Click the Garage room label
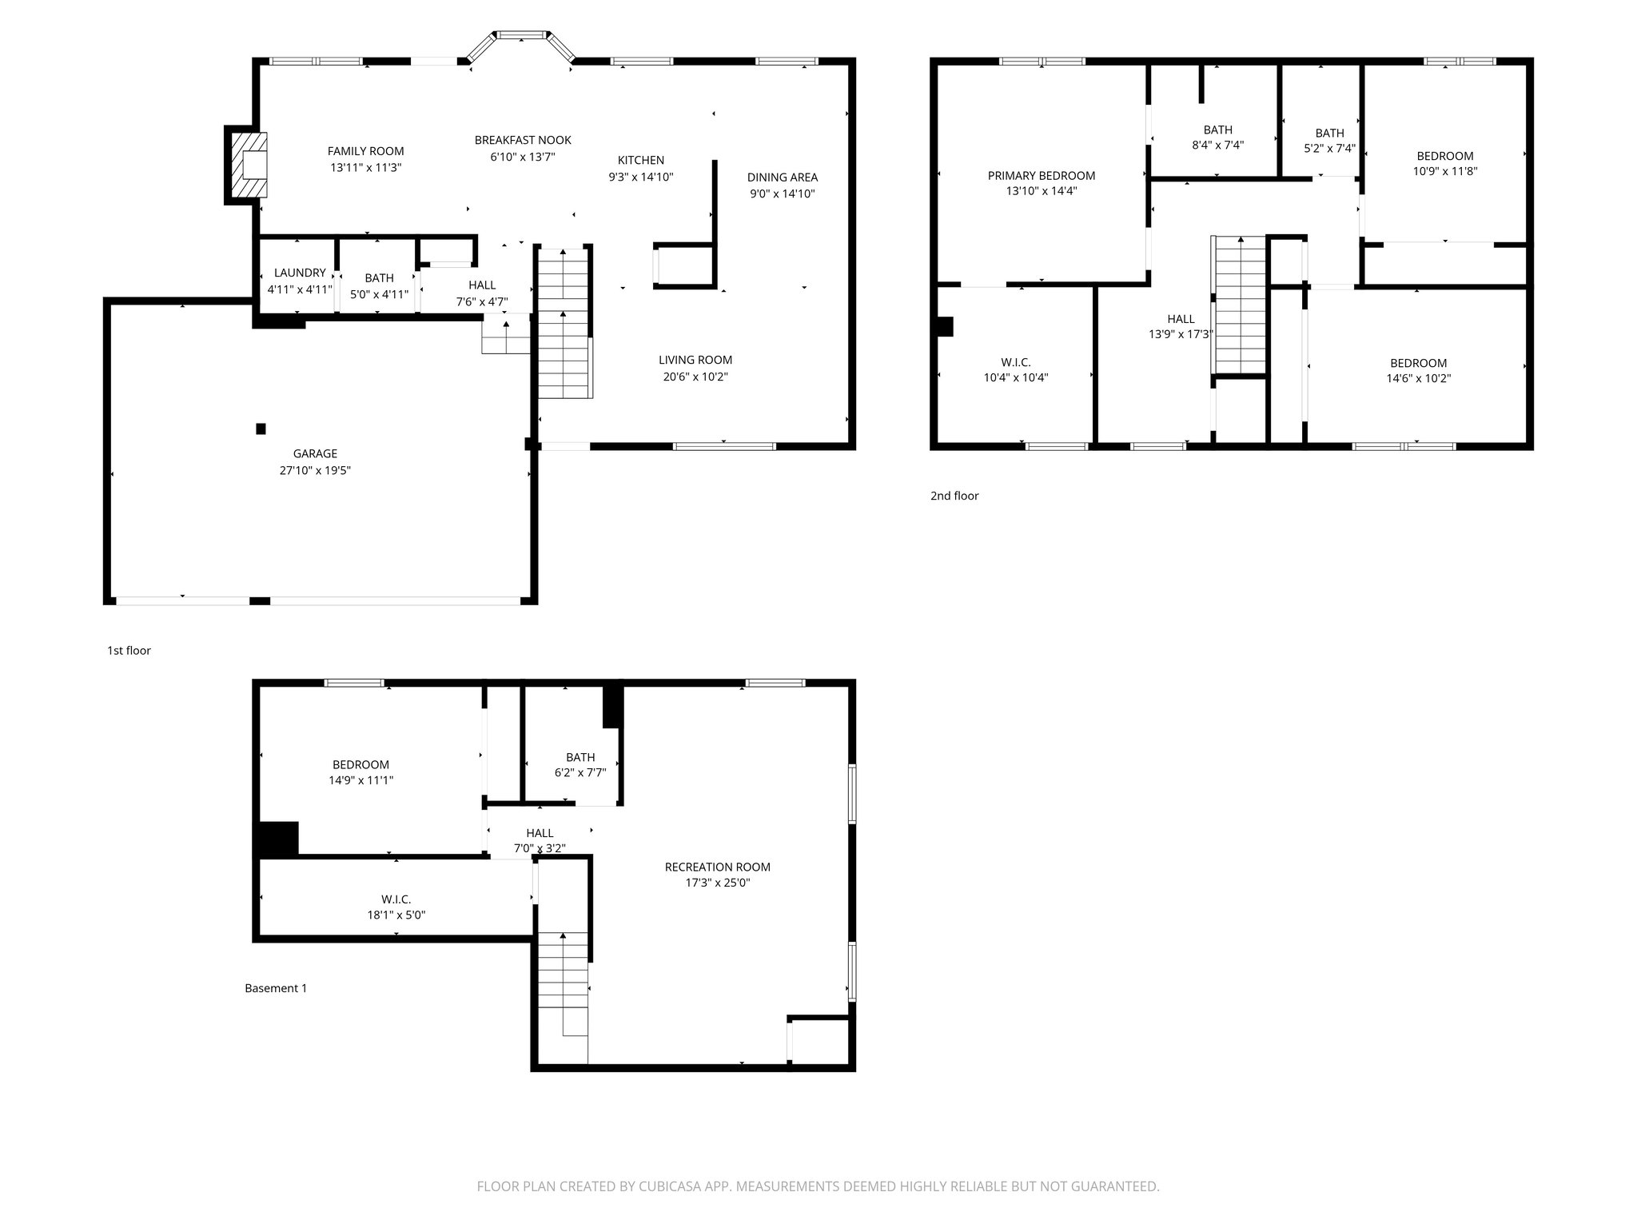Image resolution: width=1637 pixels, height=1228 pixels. click(315, 453)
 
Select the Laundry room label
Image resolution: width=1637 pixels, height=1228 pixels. click(300, 273)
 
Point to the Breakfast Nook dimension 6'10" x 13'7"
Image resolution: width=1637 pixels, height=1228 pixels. click(523, 157)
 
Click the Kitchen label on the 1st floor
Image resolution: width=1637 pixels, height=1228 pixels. click(640, 160)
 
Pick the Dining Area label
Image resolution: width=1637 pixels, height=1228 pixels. click(782, 177)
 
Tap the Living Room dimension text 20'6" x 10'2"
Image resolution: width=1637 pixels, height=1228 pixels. click(695, 377)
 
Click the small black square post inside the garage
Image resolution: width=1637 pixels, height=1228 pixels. click(261, 429)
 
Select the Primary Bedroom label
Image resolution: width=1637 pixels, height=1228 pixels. click(1041, 175)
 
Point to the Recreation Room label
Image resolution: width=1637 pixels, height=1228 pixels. click(717, 867)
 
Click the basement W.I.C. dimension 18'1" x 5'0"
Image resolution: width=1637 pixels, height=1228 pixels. click(396, 915)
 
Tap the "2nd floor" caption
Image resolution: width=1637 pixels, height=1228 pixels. click(954, 496)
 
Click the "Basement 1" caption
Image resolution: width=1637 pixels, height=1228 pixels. click(276, 988)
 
